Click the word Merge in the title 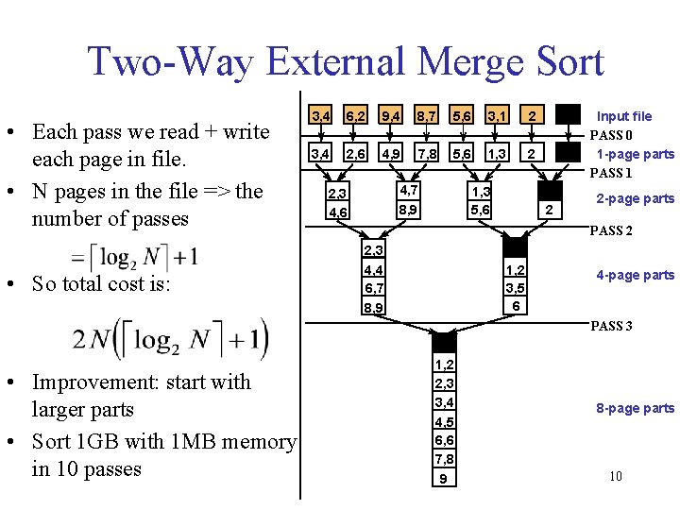[x=471, y=62]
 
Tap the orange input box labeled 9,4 [x=390, y=115]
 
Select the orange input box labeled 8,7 [x=426, y=115]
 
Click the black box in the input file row [x=569, y=114]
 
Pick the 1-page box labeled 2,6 [x=355, y=153]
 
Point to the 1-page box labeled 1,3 [x=497, y=153]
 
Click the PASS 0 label [x=611, y=135]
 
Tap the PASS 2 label [x=611, y=230]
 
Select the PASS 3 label [x=611, y=326]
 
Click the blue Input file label [x=624, y=116]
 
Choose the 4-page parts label [x=636, y=276]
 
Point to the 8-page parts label [x=636, y=409]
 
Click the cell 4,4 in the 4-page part [x=373, y=270]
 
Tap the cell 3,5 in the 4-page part [x=516, y=287]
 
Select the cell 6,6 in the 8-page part [x=445, y=440]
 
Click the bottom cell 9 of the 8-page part [x=445, y=478]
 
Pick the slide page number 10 [x=616, y=476]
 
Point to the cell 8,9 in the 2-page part [x=409, y=210]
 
